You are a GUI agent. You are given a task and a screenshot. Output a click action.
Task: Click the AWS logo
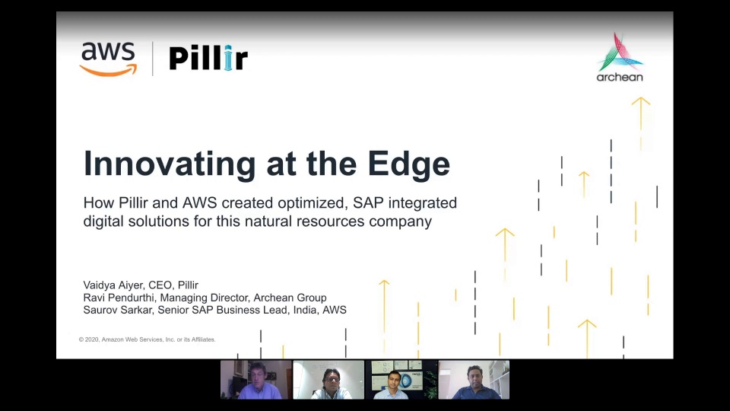click(x=109, y=59)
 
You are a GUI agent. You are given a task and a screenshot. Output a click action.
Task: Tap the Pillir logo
click(x=208, y=59)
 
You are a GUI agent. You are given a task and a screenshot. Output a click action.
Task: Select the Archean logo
click(x=620, y=57)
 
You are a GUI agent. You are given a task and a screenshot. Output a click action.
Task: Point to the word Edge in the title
click(x=408, y=165)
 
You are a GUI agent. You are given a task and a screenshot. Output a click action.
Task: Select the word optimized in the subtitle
click(x=313, y=204)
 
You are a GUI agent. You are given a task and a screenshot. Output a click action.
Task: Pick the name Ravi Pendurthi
click(x=119, y=298)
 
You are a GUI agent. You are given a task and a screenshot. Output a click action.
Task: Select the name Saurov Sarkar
click(x=118, y=310)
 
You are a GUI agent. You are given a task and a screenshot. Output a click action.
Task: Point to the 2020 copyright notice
click(x=147, y=339)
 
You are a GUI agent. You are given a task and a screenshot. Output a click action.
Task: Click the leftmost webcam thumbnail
click(x=256, y=380)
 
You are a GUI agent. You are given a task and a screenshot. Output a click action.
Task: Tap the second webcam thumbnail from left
click(x=328, y=380)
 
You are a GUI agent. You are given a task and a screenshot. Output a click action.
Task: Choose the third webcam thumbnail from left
click(x=401, y=380)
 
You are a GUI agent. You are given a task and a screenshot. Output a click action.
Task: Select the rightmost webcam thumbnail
click(x=474, y=380)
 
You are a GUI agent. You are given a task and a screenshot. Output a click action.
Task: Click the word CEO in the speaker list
click(x=160, y=285)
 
